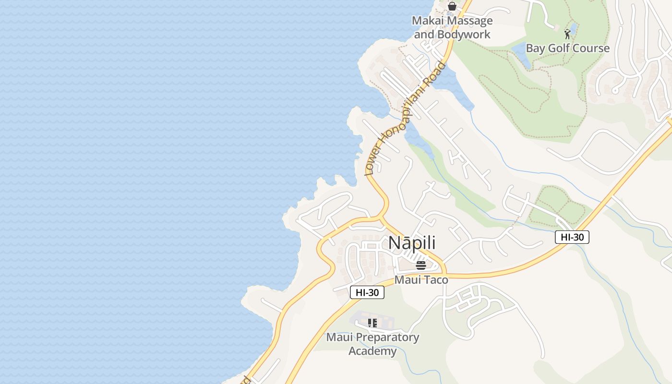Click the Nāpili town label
(x=412, y=243)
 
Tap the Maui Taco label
(x=421, y=279)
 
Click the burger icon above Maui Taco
(x=421, y=265)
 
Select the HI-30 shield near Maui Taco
(x=367, y=292)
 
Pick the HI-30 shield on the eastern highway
(x=572, y=237)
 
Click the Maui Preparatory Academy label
(x=372, y=344)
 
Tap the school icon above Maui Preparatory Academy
(x=372, y=323)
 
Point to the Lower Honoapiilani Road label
(x=406, y=118)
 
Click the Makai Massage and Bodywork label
(x=452, y=27)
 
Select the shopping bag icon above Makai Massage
(x=452, y=6)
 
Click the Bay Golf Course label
(x=567, y=48)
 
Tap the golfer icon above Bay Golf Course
(x=567, y=34)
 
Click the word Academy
(x=372, y=351)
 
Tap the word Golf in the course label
(x=557, y=48)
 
